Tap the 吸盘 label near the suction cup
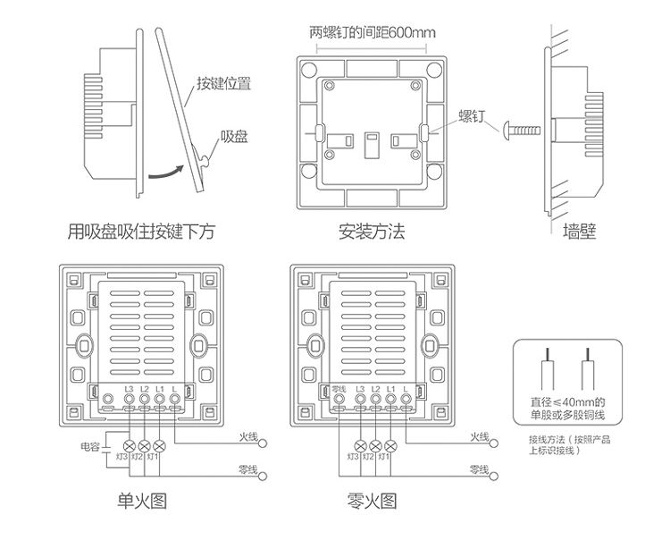[234, 139]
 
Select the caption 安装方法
[372, 232]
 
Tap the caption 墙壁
[580, 232]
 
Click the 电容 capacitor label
[89, 444]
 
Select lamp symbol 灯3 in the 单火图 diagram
[127, 445]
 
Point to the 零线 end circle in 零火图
[494, 476]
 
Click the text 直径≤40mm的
[568, 402]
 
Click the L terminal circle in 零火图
[407, 401]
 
